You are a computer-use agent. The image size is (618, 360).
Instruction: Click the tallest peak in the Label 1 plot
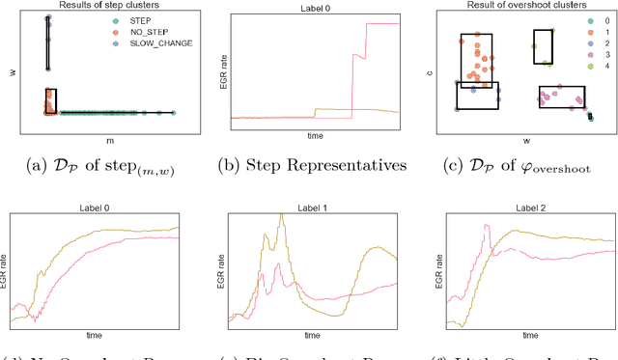point(281,215)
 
